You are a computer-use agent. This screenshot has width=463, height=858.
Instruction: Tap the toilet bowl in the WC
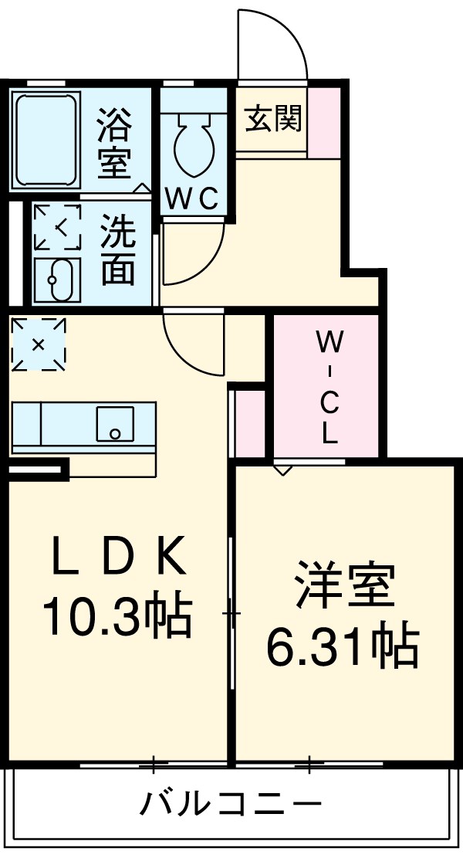pyautogui.click(x=191, y=144)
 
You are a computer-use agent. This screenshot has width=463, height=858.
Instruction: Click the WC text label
pyautogui.click(x=193, y=199)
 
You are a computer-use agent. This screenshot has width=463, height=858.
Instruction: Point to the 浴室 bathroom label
pyautogui.click(x=115, y=143)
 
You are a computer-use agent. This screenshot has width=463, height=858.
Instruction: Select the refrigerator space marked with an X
pyautogui.click(x=38, y=344)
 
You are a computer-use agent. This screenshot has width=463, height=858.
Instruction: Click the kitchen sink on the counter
pyautogui.click(x=114, y=423)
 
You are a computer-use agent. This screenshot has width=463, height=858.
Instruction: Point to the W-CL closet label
pyautogui.click(x=329, y=386)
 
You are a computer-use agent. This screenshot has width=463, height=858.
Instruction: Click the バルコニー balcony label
pyautogui.click(x=229, y=805)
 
